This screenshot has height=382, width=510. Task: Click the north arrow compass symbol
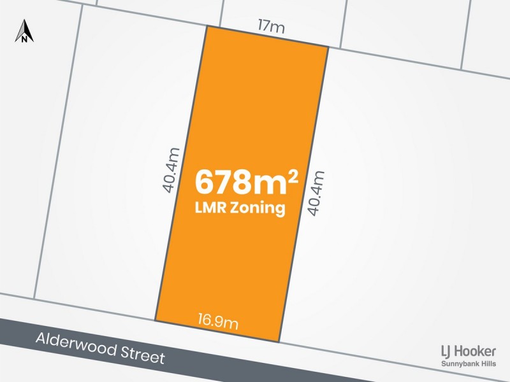pyautogui.click(x=24, y=31)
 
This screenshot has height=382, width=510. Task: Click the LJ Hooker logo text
pyautogui.click(x=468, y=351)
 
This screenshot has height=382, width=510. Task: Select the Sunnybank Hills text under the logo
pyautogui.click(x=469, y=364)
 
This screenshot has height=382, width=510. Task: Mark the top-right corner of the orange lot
pyautogui.click(x=328, y=47)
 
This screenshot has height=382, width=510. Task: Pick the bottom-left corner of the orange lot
pyautogui.click(x=155, y=320)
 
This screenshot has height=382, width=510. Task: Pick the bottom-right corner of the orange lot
pyautogui.click(x=279, y=341)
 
